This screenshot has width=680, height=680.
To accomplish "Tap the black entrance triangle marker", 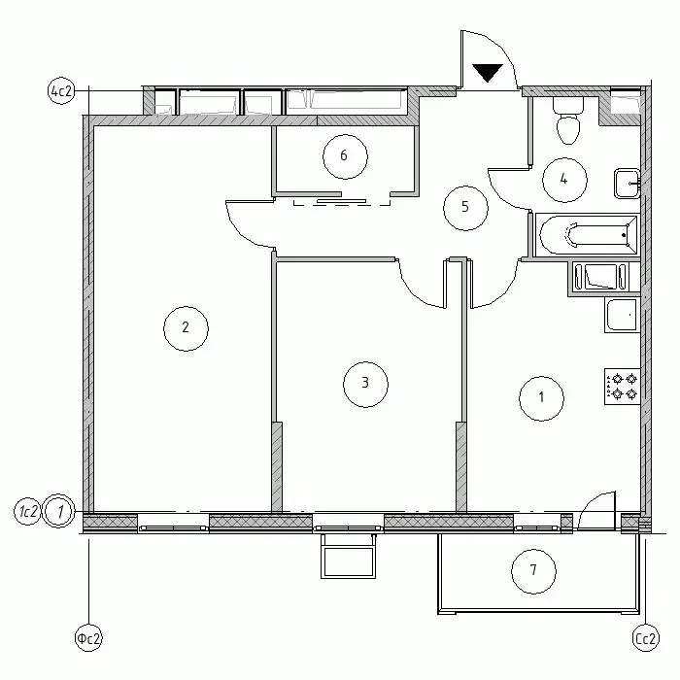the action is tap(487, 73).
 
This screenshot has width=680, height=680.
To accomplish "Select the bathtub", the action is tap(588, 235).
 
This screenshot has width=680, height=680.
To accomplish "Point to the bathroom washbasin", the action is tap(627, 184).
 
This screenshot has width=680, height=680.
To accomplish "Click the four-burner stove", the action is tap(623, 387).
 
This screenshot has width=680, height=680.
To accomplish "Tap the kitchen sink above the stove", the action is tap(623, 316).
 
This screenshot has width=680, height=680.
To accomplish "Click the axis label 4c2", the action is tap(61, 91).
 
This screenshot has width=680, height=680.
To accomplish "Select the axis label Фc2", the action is tap(88, 638).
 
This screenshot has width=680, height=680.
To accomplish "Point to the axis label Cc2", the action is tap(646, 638).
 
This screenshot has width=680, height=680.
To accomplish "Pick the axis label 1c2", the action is tap(27, 512).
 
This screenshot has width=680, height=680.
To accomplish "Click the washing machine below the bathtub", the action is tap(600, 276).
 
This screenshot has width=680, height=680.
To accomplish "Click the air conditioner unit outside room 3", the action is tap(348, 557).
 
